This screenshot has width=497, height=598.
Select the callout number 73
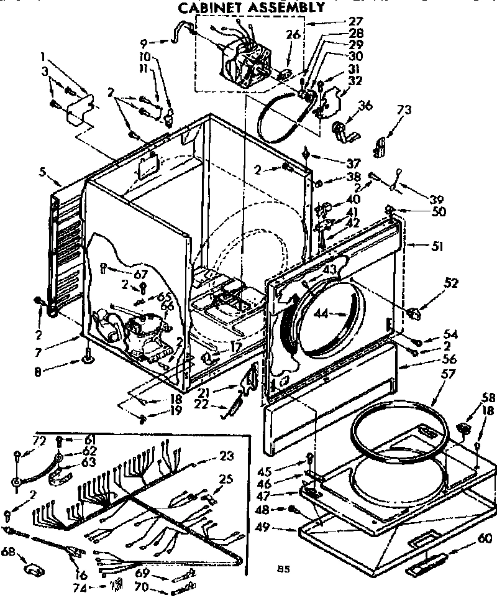click(404, 109)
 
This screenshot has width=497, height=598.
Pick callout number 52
click(452, 284)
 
